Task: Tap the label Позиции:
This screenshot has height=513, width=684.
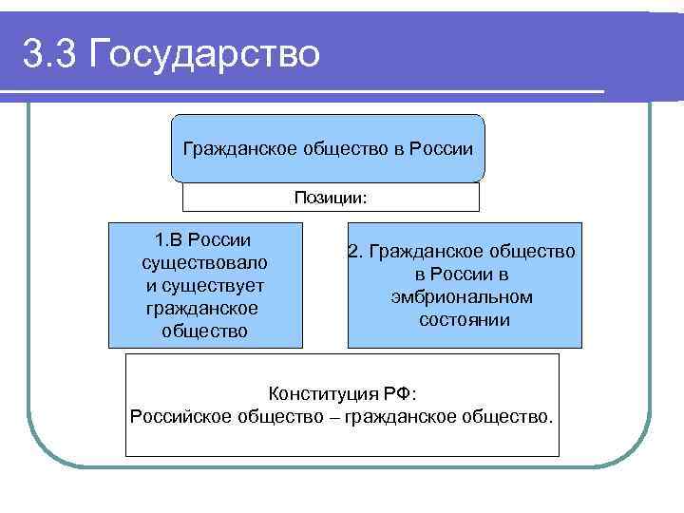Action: [x=331, y=198]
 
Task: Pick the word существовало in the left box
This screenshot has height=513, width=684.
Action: [x=204, y=261]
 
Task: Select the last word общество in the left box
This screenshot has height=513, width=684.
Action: [x=204, y=332]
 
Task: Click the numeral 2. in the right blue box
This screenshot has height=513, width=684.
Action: [x=356, y=252]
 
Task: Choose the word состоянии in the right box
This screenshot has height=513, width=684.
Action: [x=464, y=320]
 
